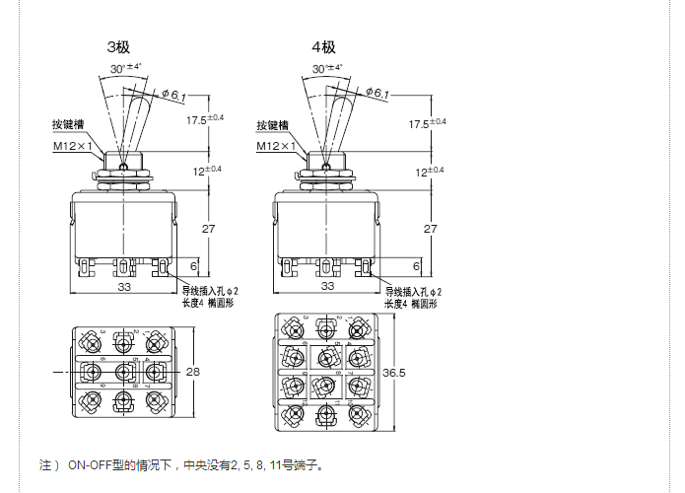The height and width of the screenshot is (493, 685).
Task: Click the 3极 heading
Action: coord(119,46)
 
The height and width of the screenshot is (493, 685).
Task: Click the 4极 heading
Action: coord(323,46)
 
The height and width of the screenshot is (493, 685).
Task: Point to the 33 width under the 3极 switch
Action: coord(124,286)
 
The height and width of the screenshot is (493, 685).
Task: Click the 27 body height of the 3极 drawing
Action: coord(209,228)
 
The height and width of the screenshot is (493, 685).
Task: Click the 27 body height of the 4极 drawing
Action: coord(431,228)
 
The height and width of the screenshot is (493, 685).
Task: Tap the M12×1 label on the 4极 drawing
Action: coord(280,147)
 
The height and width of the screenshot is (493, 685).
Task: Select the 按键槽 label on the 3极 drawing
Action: coord(72,126)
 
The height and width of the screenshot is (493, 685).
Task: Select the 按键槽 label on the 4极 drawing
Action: coord(275,126)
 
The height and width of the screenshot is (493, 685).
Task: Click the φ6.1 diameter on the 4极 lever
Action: coord(378,94)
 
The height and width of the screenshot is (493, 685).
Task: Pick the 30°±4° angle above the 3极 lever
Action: coord(127,68)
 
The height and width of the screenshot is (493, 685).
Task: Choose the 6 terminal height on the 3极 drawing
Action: coord(192,266)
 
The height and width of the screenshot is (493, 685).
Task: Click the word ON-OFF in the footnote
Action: coord(90,465)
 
